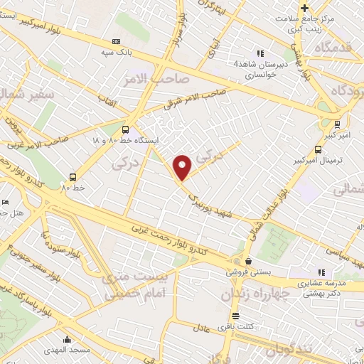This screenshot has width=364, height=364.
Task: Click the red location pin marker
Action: pos(183,167)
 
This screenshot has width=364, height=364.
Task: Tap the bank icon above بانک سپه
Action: pos(117,42)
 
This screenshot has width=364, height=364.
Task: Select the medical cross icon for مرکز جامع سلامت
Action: pos(305,9)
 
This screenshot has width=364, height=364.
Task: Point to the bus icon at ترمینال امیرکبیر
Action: pos(317,149)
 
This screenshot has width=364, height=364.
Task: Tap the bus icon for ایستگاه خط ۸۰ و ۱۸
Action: pos(125,129)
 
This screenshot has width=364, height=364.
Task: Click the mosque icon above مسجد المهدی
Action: pos(67,339)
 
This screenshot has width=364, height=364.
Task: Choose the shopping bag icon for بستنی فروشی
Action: pos(246,261)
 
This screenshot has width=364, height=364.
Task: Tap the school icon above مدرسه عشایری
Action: pos(322,272)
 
